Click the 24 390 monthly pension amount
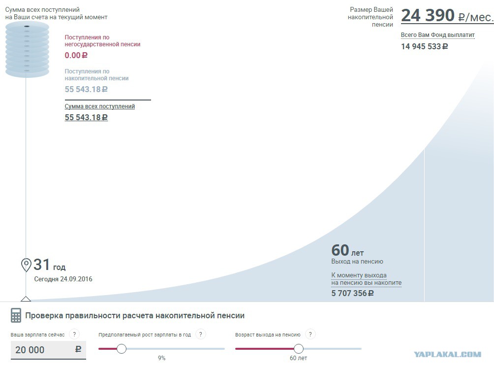point(428,15)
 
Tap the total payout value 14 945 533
point(424,47)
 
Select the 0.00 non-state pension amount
point(76,56)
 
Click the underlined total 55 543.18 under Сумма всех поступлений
point(86,117)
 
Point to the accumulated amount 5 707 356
point(352,293)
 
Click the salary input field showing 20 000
point(48,350)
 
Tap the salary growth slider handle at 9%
point(122,349)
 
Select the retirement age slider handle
point(298,349)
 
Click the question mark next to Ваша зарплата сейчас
point(74,335)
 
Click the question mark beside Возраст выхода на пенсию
point(310,335)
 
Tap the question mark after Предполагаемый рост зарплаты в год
point(201,335)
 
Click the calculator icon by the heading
point(16,315)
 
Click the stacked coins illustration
point(27,50)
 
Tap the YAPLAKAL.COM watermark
point(447,355)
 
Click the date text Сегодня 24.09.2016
point(63,279)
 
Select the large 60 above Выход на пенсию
point(340,250)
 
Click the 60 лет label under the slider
point(298,358)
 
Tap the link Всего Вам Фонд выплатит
point(437,35)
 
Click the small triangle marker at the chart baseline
point(26,299)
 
